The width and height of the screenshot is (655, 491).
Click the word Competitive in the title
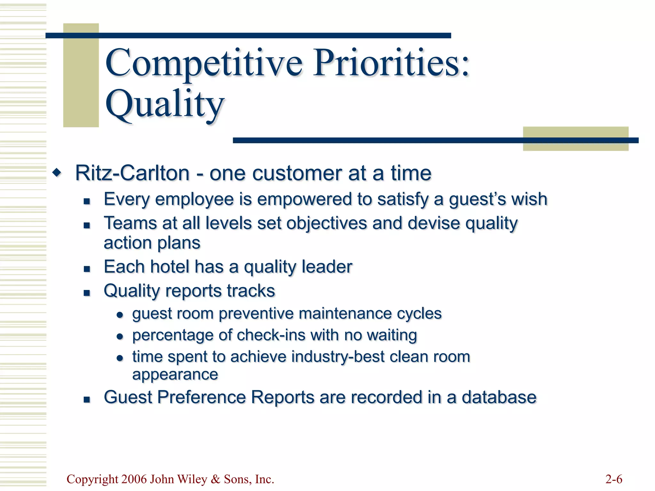204,63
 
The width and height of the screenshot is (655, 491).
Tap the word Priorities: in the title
391,63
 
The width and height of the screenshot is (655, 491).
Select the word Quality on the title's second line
165,104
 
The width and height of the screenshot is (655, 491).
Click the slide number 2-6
614,479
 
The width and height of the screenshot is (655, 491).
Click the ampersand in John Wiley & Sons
216,479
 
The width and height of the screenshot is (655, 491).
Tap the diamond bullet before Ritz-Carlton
57,173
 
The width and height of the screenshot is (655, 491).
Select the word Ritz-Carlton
132,173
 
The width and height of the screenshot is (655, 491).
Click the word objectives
326,223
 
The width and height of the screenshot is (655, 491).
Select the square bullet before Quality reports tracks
87,292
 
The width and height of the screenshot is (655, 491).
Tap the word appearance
175,374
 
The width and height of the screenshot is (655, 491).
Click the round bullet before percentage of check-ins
120,336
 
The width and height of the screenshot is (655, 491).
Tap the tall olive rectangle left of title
81,75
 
